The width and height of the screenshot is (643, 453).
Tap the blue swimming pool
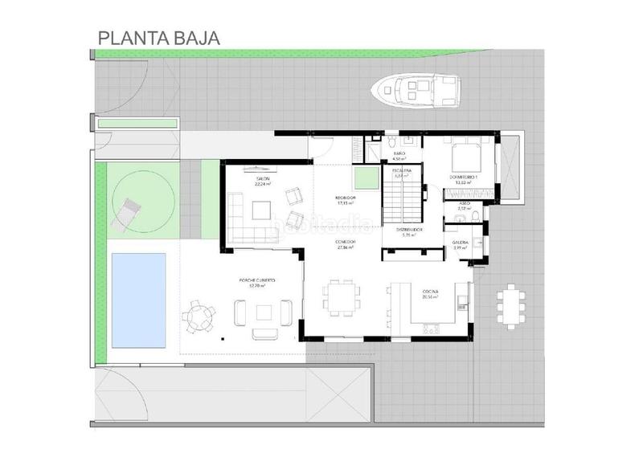point(138,300)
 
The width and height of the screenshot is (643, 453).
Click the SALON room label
point(262,178)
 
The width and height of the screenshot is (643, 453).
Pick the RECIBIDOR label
point(346,200)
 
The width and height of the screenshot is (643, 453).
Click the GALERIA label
point(461,243)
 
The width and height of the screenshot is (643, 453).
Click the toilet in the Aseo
point(476,216)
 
